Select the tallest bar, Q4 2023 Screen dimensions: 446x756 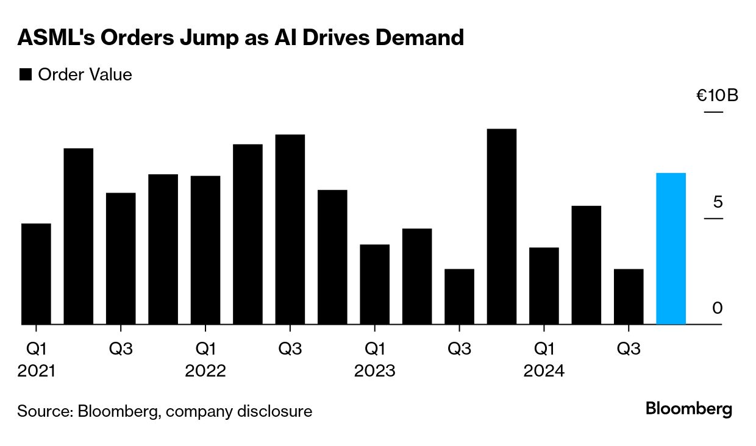(502, 227)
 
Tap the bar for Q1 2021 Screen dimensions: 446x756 (36, 274)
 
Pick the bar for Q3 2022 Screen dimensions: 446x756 (290, 229)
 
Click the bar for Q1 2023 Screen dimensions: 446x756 (374, 284)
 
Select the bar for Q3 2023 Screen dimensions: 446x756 (459, 296)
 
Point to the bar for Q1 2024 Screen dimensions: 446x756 (544, 286)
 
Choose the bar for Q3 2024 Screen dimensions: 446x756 (629, 296)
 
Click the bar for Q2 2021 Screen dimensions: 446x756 (79, 236)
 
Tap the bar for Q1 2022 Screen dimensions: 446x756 (205, 250)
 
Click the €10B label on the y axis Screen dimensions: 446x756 (717, 96)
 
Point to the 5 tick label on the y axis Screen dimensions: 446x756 (717, 202)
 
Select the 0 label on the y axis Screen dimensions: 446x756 (717, 308)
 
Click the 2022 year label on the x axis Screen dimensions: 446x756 (205, 370)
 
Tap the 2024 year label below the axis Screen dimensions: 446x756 (544, 370)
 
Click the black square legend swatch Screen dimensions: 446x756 (26, 75)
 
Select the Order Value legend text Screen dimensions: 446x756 (85, 75)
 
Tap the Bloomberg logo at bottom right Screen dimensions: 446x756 (689, 409)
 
